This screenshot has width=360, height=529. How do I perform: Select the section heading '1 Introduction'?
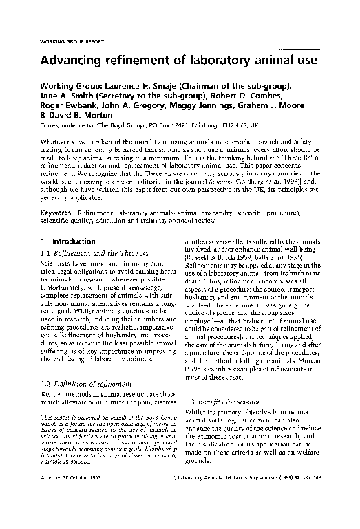point(63,241)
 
